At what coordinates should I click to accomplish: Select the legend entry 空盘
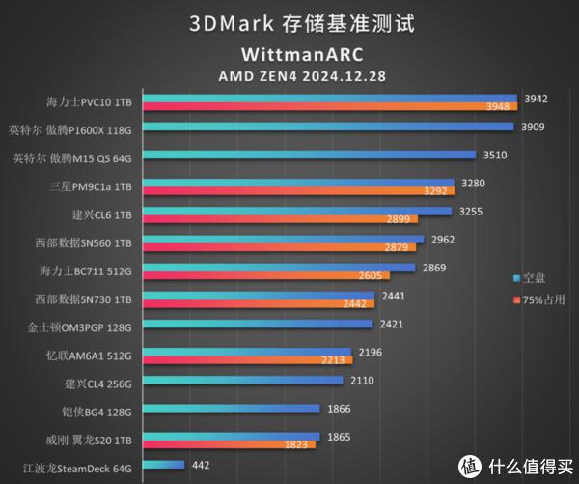pyautogui.click(x=532, y=278)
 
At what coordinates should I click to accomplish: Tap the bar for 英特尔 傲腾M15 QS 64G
pyautogui.click(x=311, y=155)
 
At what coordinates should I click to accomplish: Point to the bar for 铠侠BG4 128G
pyautogui.click(x=232, y=410)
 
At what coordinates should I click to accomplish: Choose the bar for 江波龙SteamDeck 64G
pyautogui.click(x=165, y=466)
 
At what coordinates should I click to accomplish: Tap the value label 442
pyautogui.click(x=201, y=466)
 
